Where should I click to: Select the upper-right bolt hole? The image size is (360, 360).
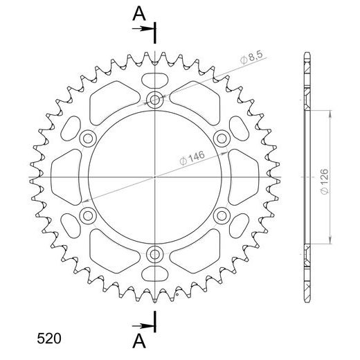222,138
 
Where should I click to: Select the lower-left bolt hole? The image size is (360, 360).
88,215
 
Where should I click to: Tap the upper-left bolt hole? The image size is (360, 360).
88,138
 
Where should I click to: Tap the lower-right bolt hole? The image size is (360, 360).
222,215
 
